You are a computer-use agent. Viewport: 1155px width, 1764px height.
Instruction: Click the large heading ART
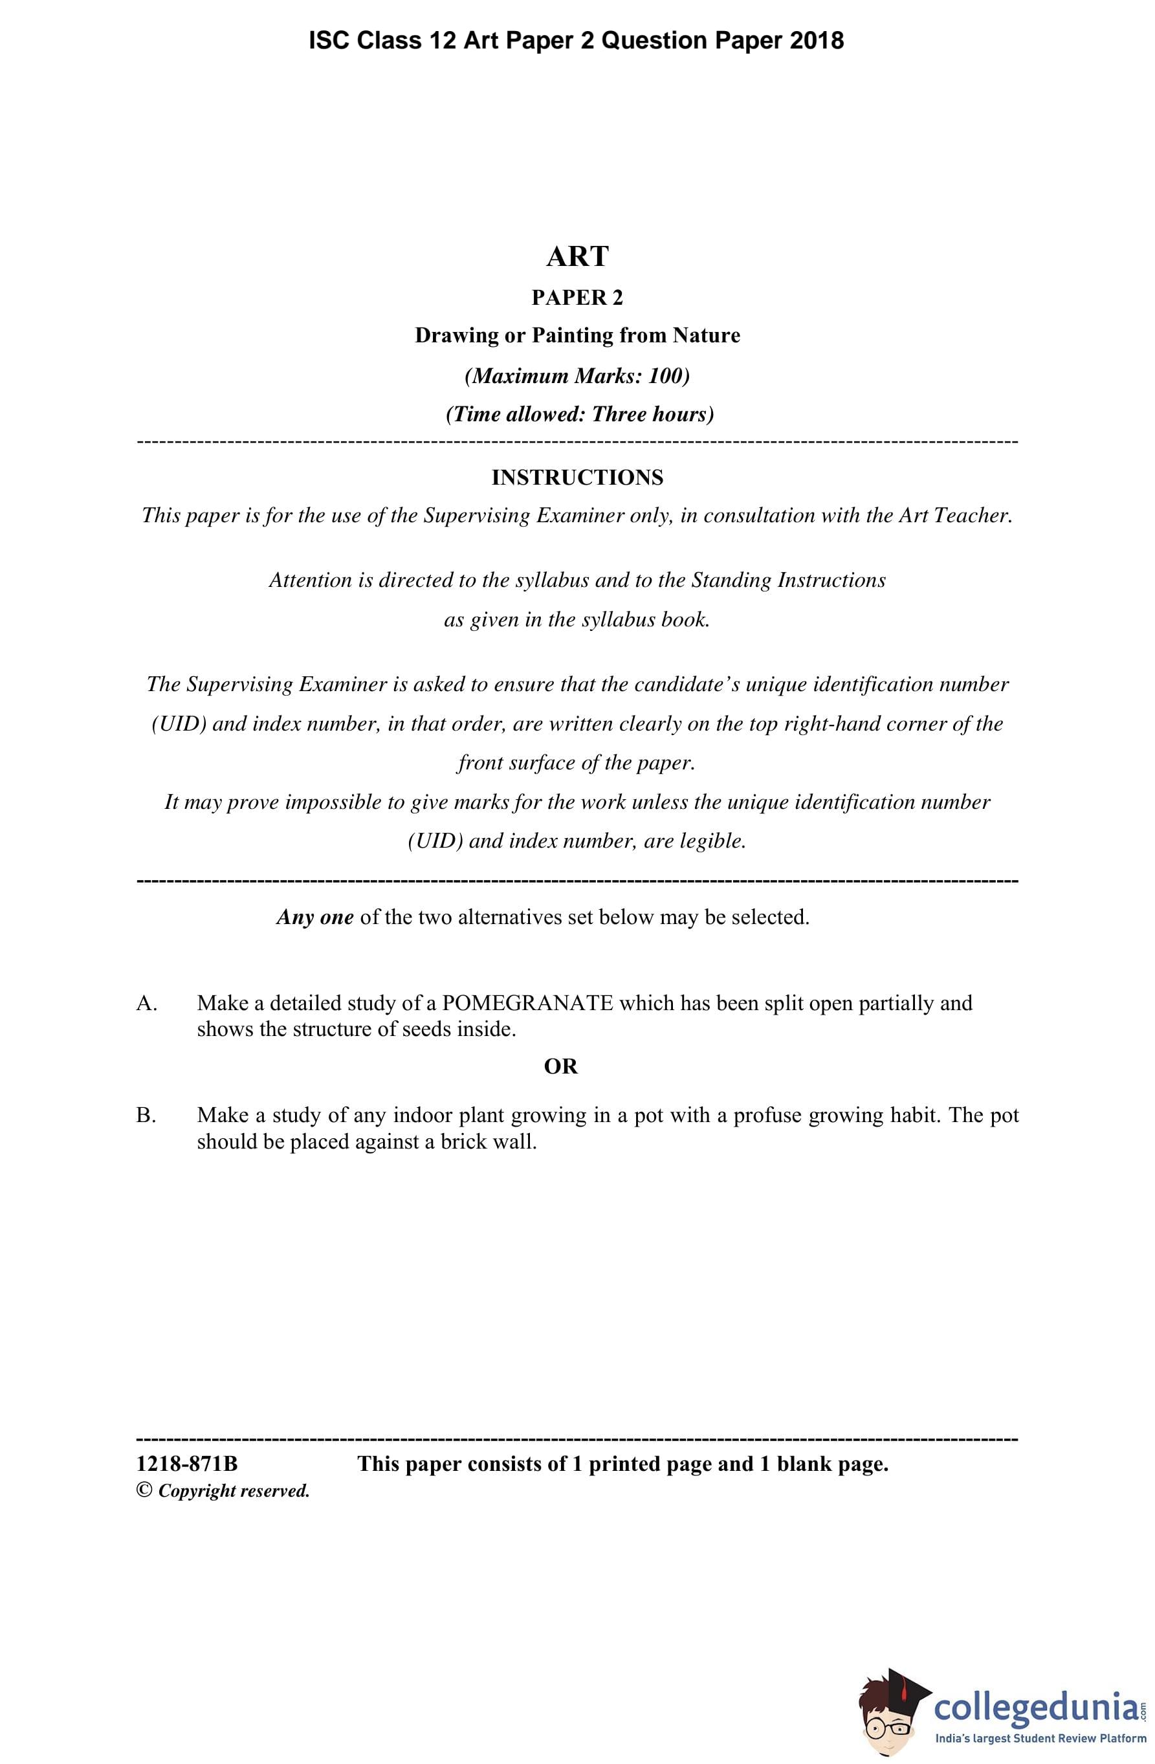point(577,256)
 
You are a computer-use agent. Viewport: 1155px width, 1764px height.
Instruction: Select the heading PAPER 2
point(577,298)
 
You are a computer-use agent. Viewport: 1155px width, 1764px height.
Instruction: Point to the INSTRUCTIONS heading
point(577,478)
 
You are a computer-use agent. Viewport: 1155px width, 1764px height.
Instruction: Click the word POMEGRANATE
point(527,1004)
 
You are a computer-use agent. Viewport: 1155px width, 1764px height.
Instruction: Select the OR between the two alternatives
point(560,1066)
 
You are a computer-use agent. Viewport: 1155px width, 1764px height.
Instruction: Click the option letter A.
point(146,1004)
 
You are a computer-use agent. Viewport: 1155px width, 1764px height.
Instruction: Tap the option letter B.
point(146,1116)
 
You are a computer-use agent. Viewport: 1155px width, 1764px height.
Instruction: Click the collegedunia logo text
point(1037,1706)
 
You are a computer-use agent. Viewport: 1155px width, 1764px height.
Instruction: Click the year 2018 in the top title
point(816,40)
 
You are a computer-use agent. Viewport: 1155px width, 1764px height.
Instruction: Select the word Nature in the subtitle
point(706,336)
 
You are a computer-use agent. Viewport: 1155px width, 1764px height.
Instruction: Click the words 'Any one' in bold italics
point(315,918)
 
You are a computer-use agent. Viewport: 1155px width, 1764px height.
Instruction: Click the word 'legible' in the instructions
point(711,841)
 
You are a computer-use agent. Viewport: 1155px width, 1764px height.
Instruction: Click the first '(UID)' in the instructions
point(178,724)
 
